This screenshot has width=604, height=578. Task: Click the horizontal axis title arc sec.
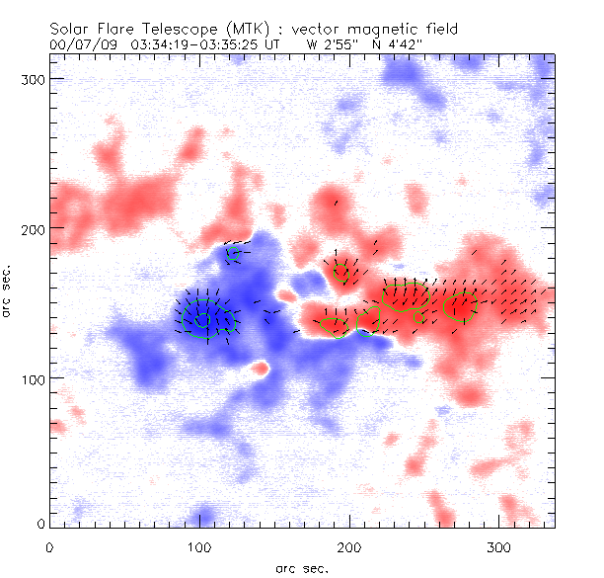coord(301,568)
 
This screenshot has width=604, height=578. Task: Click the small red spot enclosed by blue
coord(261,369)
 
